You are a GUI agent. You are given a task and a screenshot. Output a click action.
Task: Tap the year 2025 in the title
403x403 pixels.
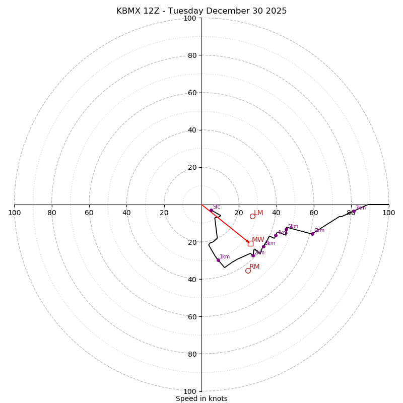276,11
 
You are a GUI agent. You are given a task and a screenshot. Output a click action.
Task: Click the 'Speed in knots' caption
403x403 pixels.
201,399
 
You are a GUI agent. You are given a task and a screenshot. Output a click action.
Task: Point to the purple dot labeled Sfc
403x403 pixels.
211,210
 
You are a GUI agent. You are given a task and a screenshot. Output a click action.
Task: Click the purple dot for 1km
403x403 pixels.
218,260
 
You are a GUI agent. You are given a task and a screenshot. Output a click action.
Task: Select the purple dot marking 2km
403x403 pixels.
253,255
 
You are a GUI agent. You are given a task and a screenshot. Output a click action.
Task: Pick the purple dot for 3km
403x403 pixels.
263,246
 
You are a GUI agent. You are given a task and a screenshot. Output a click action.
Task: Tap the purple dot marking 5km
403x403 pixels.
287,229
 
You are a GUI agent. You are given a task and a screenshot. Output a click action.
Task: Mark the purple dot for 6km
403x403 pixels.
312,234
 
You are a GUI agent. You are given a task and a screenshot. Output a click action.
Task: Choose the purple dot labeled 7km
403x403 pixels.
354,211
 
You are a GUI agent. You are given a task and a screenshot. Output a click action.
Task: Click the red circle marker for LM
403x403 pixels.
252,216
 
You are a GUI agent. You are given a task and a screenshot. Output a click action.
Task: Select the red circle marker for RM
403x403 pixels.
248,271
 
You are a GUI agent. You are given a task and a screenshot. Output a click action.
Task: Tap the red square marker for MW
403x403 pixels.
250,243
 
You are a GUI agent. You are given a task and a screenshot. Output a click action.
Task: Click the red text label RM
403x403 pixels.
254,266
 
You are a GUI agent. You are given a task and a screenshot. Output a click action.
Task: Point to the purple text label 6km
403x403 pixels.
319,231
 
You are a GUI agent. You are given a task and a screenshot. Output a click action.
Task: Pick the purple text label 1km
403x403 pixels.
225,257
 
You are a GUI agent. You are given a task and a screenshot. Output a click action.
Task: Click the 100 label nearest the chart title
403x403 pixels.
189,18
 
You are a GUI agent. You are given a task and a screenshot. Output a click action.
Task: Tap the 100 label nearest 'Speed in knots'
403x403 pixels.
189,391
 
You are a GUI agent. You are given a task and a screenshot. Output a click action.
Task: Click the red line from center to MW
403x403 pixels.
226,224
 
